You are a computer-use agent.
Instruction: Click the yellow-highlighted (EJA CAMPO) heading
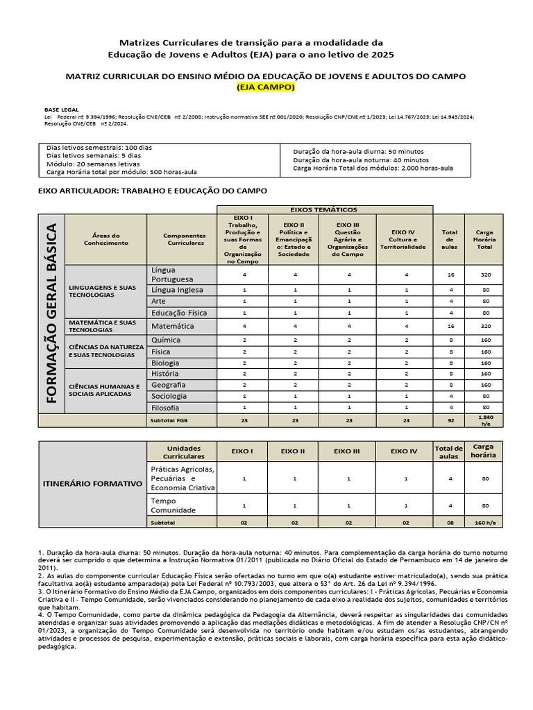coord(266,87)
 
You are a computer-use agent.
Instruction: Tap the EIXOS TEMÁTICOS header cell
coord(325,209)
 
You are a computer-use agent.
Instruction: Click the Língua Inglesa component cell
coord(183,289)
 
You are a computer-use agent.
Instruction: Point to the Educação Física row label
coord(183,313)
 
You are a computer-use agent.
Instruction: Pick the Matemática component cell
coord(183,326)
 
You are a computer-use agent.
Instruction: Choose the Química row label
coord(183,340)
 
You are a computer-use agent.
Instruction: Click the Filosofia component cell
coord(183,407)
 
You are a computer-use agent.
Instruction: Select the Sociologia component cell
coord(183,396)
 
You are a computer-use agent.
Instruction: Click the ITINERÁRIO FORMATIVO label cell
coord(92,483)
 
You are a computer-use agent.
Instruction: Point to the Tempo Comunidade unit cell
coord(183,505)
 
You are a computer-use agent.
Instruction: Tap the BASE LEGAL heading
coord(62,110)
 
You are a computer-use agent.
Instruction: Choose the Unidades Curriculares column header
coord(183,451)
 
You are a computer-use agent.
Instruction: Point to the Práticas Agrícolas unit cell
coord(183,478)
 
